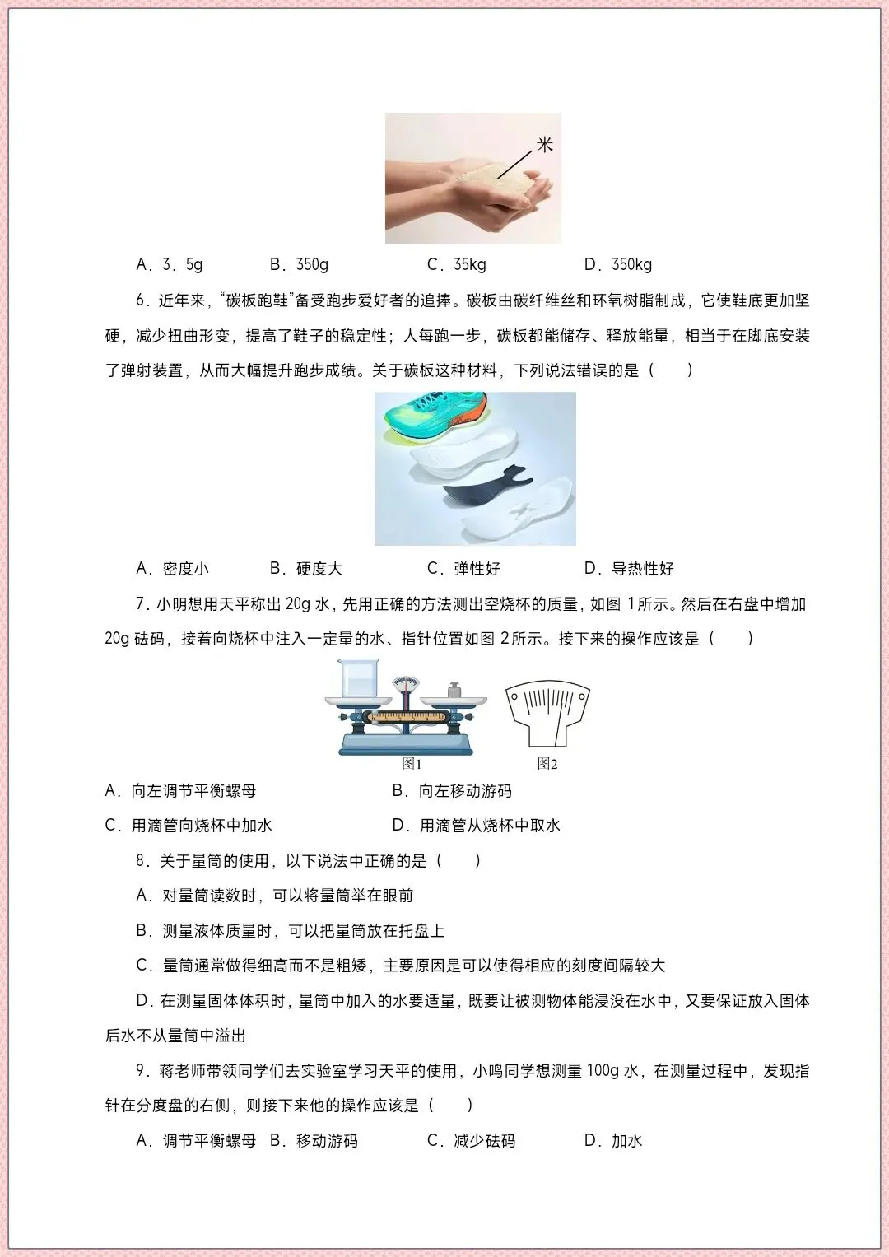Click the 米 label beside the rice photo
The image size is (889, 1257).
pyautogui.click(x=544, y=145)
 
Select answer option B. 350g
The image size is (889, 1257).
pyautogui.click(x=299, y=264)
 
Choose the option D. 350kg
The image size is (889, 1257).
pyautogui.click(x=618, y=264)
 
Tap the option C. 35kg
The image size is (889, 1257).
pyautogui.click(x=456, y=264)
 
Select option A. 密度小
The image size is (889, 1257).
pyautogui.click(x=172, y=569)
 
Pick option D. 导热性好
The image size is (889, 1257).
pyautogui.click(x=629, y=569)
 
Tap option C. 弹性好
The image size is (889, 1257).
pyautogui.click(x=463, y=569)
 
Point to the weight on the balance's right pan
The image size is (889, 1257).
pyautogui.click(x=454, y=690)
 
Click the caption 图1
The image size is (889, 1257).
pyautogui.click(x=412, y=764)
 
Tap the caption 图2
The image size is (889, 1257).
pyautogui.click(x=547, y=764)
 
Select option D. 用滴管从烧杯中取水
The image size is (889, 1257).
pyautogui.click(x=476, y=825)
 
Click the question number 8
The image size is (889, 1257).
pyautogui.click(x=142, y=860)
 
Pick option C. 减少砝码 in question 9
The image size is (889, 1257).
pyautogui.click(x=471, y=1140)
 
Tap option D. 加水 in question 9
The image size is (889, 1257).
pyautogui.click(x=613, y=1140)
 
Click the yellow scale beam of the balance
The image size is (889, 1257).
pyautogui.click(x=405, y=717)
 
